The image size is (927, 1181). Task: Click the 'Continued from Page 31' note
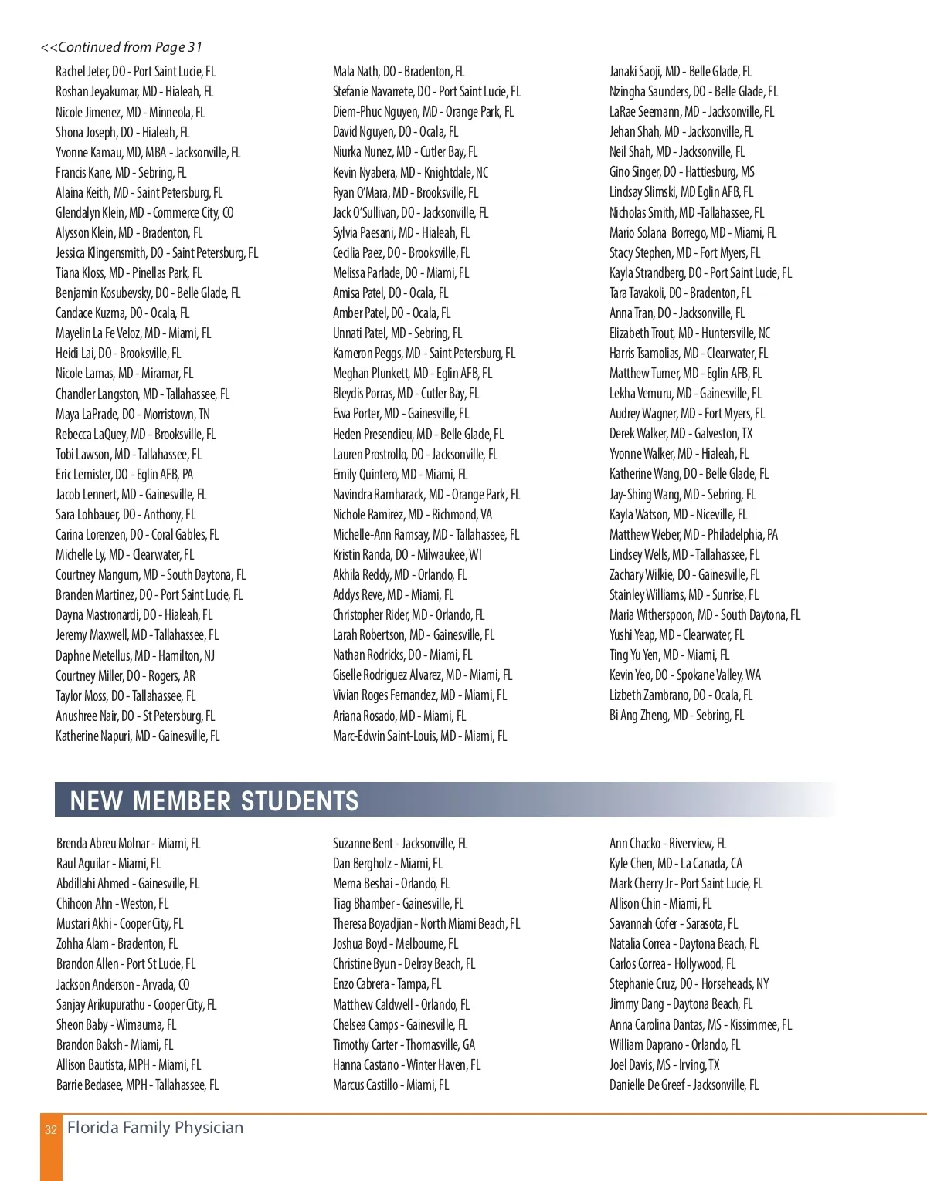coord(121,48)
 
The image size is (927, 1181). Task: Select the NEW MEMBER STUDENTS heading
coord(214,800)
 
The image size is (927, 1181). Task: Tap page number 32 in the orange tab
coord(51,1130)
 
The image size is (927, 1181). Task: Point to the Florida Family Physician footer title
coord(155,1128)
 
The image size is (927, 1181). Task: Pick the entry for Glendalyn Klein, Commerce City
coord(144,213)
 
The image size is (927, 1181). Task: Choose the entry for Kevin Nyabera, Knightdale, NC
coord(410,173)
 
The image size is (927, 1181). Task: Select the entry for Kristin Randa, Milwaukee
coord(407,555)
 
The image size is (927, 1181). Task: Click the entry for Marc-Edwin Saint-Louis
coord(419,736)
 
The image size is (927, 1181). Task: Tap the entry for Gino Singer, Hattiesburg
coord(681,172)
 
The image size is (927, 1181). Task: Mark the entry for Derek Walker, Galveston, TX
coord(681,434)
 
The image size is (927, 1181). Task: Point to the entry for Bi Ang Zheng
coord(676,716)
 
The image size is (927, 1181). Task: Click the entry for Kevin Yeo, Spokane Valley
coord(684,675)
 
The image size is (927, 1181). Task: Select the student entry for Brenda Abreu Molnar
coord(128,844)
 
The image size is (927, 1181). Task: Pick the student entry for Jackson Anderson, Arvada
coord(123,985)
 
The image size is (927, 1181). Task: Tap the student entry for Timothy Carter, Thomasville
coord(404,1045)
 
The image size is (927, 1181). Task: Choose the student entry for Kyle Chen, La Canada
coord(675,864)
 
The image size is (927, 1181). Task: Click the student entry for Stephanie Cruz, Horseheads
coord(689,984)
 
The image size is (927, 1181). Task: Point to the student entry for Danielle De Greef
coord(684,1085)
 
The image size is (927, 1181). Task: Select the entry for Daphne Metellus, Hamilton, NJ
coord(135,656)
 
